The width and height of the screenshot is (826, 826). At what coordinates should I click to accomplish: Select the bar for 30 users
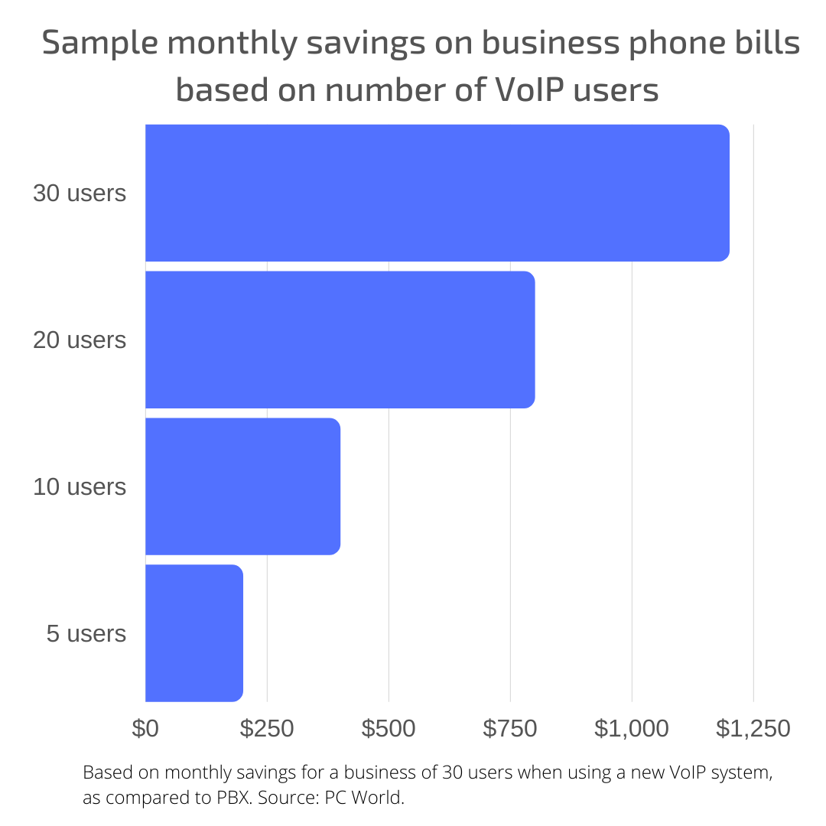pos(437,193)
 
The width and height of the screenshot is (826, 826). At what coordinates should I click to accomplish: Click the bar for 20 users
pos(340,340)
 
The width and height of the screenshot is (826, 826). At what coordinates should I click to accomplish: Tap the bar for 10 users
pos(242,486)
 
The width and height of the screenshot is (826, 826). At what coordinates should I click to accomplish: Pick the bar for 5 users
pos(193,633)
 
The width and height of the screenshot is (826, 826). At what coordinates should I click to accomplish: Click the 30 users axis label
pos(80,193)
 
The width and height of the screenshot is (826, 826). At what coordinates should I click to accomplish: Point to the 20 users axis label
pos(80,340)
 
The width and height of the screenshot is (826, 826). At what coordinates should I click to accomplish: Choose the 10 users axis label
pos(80,486)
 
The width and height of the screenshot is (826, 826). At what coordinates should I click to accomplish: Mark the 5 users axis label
pos(86,633)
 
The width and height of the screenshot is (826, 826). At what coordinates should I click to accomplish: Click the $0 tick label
pos(145,728)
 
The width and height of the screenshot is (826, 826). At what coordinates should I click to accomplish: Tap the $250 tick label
pos(267,728)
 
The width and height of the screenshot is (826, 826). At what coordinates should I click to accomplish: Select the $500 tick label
pos(389,728)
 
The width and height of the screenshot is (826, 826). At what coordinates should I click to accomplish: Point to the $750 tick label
pos(510,728)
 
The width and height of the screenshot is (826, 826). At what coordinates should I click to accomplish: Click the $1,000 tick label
pos(632,728)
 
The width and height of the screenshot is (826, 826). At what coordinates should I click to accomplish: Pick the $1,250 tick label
pos(753,728)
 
